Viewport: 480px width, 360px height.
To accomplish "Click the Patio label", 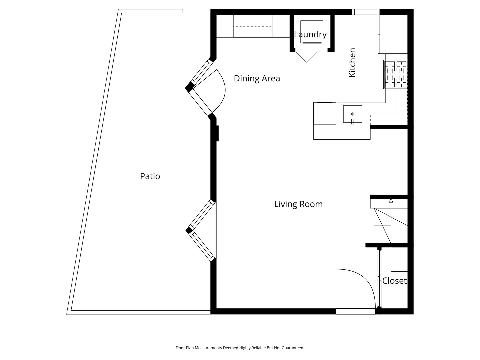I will click(150, 176).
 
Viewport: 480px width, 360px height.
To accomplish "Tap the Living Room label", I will click(298, 204).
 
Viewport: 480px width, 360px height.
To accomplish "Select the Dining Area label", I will click(257, 78).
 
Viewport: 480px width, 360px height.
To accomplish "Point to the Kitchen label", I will click(352, 63).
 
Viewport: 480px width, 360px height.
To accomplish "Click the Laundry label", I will click(310, 34).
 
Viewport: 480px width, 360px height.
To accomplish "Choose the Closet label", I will click(394, 281).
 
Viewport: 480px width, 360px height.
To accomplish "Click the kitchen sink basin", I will click(353, 114).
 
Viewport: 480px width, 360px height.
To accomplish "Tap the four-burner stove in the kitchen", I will click(396, 74).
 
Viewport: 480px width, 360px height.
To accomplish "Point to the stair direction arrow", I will click(391, 201).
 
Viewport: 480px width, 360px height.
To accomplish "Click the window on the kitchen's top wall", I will click(366, 12).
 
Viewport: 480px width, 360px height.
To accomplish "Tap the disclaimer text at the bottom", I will click(240, 348).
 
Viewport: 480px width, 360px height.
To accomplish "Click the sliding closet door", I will click(379, 278).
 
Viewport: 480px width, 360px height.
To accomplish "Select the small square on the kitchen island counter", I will click(325, 113).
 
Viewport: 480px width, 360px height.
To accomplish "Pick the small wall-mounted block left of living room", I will click(217, 133).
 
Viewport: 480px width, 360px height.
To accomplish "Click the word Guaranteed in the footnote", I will click(293, 348).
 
